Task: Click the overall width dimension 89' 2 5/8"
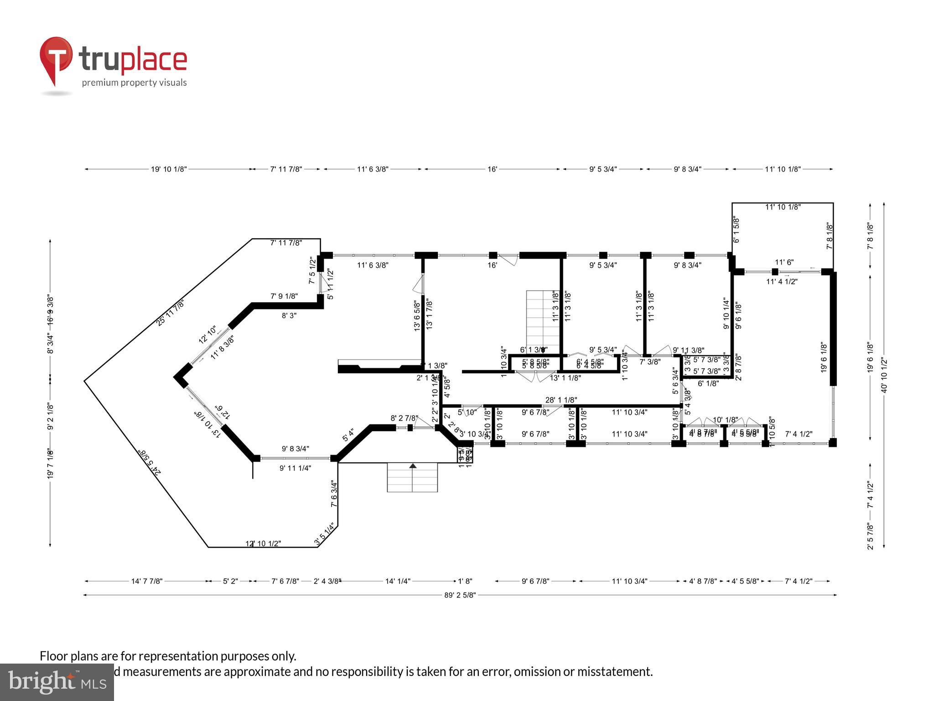point(460,595)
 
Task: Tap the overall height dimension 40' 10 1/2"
point(884,375)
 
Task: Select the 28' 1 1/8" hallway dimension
point(561,400)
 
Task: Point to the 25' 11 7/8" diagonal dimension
point(170,312)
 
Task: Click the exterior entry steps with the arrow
point(412,477)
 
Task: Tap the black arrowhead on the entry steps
point(413,466)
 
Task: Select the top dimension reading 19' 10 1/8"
point(169,169)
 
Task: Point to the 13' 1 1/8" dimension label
point(565,378)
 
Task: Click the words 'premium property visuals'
point(134,83)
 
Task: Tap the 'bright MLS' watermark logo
point(57,682)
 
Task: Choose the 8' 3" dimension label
point(289,315)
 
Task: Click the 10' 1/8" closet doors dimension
point(725,420)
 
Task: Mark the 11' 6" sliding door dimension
point(784,262)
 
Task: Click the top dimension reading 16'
point(492,169)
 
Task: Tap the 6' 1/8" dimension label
point(708,384)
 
